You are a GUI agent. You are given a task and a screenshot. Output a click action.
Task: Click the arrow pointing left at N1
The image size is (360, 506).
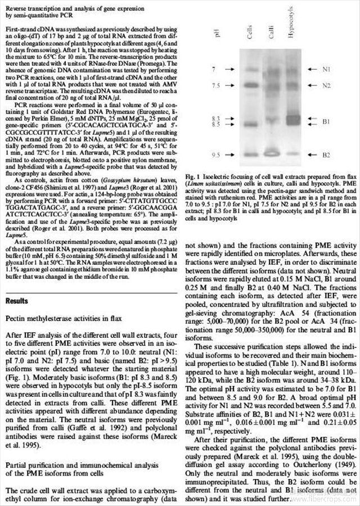click(x=308, y=69)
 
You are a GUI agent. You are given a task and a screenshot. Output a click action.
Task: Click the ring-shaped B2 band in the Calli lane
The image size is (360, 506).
click(x=271, y=153)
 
